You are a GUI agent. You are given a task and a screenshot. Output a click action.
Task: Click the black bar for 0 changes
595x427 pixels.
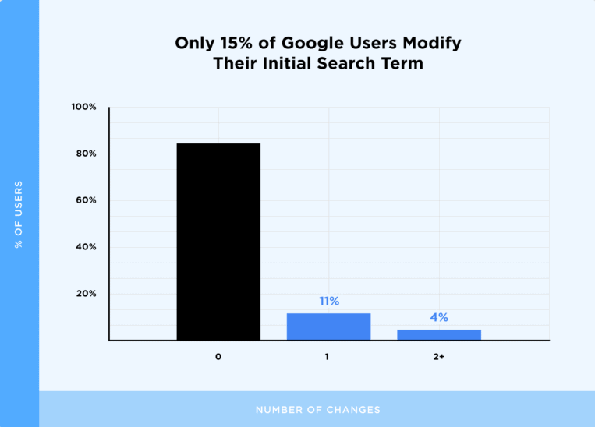pos(218,242)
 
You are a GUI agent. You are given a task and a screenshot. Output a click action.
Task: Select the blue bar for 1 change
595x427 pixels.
pos(328,326)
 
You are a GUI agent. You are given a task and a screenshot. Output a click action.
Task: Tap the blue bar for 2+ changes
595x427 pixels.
pos(439,334)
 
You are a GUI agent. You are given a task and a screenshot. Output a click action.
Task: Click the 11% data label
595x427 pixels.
pos(328,301)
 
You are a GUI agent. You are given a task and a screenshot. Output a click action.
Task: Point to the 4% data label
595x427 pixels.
pos(439,317)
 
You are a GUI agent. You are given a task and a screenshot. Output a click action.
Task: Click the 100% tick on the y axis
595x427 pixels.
pos(84,107)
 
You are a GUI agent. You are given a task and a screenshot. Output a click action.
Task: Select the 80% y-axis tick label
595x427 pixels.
pos(86,154)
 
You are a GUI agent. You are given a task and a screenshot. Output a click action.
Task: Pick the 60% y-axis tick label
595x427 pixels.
pos(86,200)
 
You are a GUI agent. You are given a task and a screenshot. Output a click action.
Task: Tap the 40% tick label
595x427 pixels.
pos(86,247)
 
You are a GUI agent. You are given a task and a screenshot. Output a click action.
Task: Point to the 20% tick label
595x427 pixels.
pos(86,294)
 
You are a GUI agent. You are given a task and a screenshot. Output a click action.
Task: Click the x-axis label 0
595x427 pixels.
pos(218,357)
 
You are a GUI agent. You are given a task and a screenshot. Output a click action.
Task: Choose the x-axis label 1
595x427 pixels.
pos(328,357)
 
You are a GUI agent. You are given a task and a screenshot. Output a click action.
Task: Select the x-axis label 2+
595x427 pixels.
pos(439,357)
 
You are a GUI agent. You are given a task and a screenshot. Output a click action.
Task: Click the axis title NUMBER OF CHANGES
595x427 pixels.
pos(317,409)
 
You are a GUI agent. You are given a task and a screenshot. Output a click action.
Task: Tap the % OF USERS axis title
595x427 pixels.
pos(19,214)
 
